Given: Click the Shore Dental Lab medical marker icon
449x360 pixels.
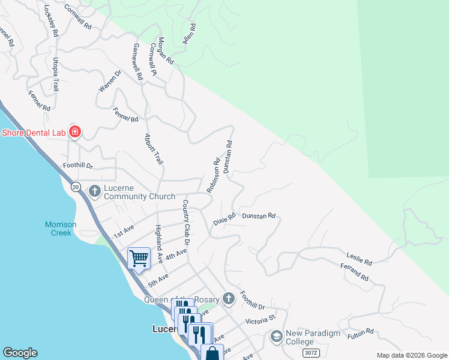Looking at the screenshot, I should pos(75,131).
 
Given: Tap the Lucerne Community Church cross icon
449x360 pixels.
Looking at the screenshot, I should pos(95,191).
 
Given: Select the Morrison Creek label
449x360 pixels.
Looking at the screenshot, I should pos(61,229).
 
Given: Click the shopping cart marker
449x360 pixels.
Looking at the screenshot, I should pos(139,259).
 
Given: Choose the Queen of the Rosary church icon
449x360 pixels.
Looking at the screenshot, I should pos(228,298).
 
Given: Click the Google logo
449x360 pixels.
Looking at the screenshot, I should pos(20,353).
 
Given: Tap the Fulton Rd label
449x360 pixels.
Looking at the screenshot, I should pos(361,334).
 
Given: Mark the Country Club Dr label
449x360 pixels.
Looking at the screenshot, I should pos(186,223).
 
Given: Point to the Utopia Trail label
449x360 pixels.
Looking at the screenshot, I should pos(56,74).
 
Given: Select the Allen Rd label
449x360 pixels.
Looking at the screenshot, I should pos(189,35).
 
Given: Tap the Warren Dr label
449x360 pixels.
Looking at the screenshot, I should pos(110,81).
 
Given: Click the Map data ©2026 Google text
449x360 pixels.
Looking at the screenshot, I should pos(411,355).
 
